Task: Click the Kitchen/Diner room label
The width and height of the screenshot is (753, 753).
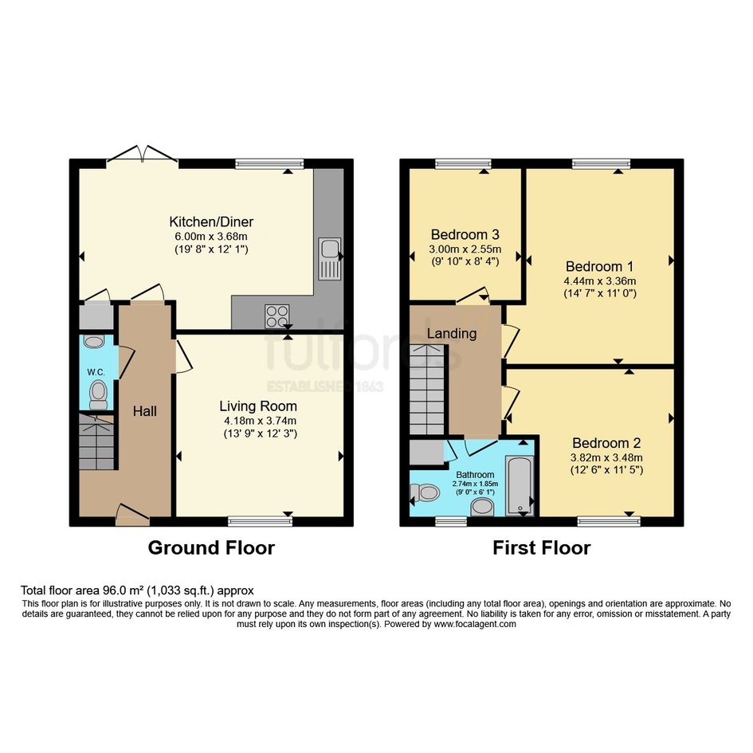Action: pos(211,222)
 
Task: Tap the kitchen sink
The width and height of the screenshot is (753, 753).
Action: pos(329,258)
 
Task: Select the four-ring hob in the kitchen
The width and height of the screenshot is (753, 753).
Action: pos(277,316)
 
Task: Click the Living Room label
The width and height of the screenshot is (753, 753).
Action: pos(258,406)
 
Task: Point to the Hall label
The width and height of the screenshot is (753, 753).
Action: pos(145,411)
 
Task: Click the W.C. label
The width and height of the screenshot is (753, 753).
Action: pos(96,372)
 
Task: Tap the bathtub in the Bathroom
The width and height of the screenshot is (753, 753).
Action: pos(519,486)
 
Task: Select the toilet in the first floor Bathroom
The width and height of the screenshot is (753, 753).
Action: pos(425,492)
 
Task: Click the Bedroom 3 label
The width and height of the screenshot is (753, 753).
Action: pos(465,234)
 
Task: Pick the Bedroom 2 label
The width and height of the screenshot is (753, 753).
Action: pos(606,443)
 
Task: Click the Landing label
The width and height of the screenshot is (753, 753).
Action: pos(452,333)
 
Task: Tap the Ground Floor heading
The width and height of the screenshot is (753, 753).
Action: pos(211,547)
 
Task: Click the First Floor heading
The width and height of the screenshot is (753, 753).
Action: pos(542,547)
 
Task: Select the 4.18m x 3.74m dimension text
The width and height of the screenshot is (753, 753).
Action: pos(260,421)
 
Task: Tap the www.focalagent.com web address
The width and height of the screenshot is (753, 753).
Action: pos(475,624)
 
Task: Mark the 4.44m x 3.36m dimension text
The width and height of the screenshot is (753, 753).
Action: pos(600,281)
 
